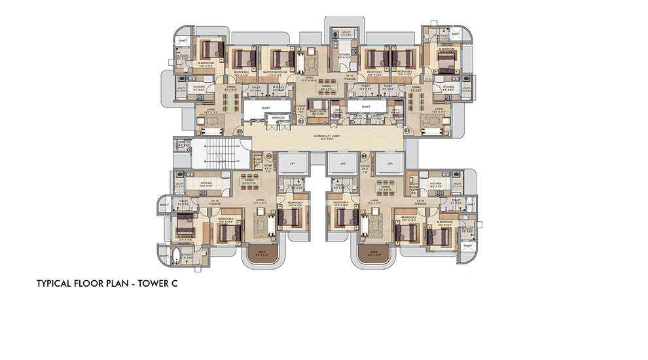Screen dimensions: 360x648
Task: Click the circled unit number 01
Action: coord(240,132)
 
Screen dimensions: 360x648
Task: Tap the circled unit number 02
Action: coord(302,120)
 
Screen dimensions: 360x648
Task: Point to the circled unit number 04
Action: coord(364,156)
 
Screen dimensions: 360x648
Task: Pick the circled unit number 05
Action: coord(268,156)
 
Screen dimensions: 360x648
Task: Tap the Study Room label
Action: coord(318,112)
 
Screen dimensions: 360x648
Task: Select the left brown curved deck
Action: coord(260,253)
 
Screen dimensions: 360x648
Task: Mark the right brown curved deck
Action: coord(374,253)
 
